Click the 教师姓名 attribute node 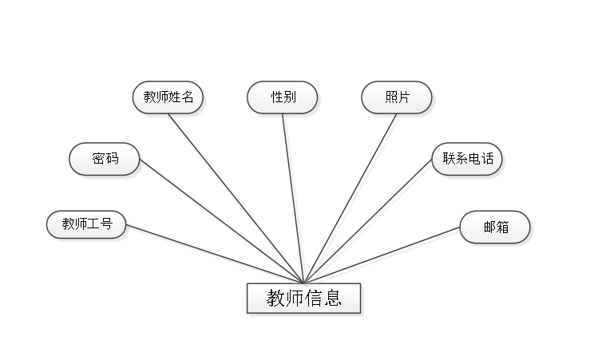point(168,97)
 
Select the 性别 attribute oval point(283,97)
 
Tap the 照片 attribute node point(397,97)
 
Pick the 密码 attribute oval point(105,159)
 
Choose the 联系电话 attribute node point(468,159)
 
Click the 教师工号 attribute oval point(86,224)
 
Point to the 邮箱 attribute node point(495,227)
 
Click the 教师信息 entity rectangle point(304,299)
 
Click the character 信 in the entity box point(314,299)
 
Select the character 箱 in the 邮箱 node point(502,227)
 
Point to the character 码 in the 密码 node point(112,159)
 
